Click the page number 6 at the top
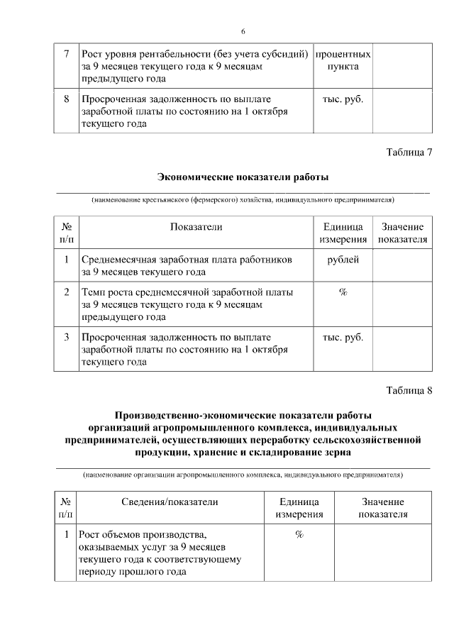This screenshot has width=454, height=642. (243, 32)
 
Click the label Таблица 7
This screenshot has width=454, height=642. (409, 152)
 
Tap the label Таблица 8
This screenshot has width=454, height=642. (409, 391)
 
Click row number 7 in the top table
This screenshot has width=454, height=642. (66, 55)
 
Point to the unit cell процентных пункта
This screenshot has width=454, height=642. (343, 60)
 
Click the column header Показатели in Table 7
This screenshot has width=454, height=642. (196, 227)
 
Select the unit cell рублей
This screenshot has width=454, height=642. (343, 260)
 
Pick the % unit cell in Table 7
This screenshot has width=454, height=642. (343, 292)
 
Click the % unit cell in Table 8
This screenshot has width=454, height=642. (299, 534)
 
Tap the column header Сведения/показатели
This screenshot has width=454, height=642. (169, 502)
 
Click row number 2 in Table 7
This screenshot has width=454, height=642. (66, 292)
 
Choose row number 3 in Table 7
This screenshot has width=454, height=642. (66, 337)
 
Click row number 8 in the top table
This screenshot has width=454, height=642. (66, 99)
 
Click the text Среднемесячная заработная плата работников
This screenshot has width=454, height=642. (187, 260)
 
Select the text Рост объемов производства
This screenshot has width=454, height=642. (143, 534)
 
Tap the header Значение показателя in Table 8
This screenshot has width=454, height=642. (383, 508)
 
